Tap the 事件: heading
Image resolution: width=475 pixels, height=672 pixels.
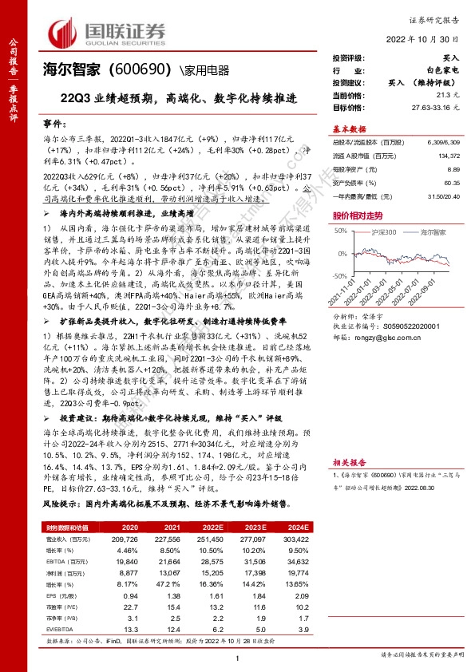point(50,126)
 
